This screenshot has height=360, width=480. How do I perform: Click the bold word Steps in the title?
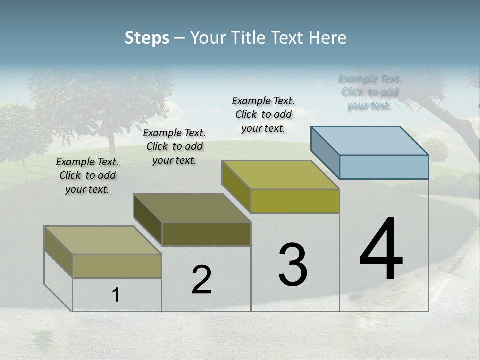147,38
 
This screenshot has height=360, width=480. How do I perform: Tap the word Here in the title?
328,38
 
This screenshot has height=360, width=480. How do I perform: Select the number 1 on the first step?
115,295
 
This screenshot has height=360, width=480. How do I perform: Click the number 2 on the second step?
201,280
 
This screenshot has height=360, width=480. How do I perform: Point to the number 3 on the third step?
293,265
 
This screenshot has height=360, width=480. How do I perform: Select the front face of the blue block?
384,167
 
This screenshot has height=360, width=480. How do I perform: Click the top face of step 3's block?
281,175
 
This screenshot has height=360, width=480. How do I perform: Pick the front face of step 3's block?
295,201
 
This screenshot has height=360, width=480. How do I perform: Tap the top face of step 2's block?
192,208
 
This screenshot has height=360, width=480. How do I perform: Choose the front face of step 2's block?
206,234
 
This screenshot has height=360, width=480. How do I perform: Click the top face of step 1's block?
103,240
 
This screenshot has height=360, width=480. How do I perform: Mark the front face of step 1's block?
117,266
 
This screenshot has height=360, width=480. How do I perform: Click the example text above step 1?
87,176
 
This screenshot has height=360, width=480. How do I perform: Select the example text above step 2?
174,147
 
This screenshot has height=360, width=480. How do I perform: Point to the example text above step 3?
263,115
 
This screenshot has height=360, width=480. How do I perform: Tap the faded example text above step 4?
369,92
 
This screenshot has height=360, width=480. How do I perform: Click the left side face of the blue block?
325,152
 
